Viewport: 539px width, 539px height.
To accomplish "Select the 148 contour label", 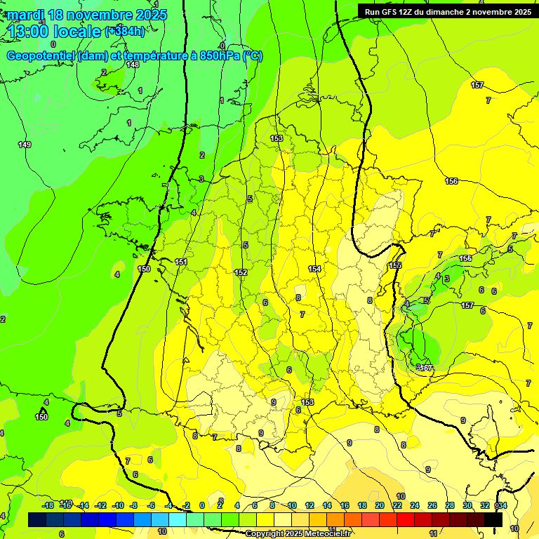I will click(x=132, y=65).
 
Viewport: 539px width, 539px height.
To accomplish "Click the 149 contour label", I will click(x=25, y=145).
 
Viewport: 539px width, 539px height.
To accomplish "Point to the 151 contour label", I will click(x=181, y=262).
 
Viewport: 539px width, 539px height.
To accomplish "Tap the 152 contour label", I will click(x=241, y=272).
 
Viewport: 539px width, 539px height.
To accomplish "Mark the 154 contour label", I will click(x=314, y=269).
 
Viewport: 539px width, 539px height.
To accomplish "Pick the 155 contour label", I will click(x=395, y=265).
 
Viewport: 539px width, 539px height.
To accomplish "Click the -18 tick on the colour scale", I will click(x=48, y=505).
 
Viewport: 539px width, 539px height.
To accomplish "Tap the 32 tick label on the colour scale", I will click(x=484, y=505).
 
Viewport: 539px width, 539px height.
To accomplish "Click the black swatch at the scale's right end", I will click(x=493, y=519).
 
